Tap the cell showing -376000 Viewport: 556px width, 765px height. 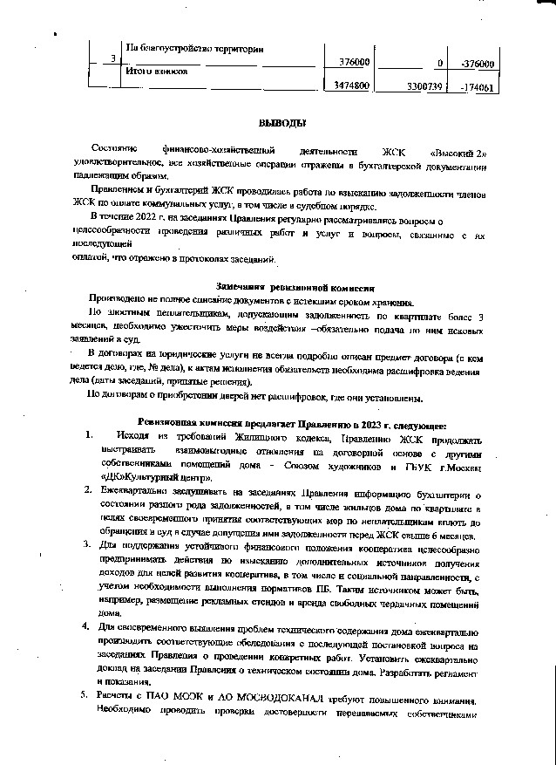[477, 64]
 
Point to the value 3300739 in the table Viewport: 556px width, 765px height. [426, 87]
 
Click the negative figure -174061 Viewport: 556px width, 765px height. [476, 87]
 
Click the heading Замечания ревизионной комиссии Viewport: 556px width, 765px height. [295, 286]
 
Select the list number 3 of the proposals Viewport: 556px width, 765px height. [88, 545]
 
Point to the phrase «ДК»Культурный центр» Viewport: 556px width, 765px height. [155, 477]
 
